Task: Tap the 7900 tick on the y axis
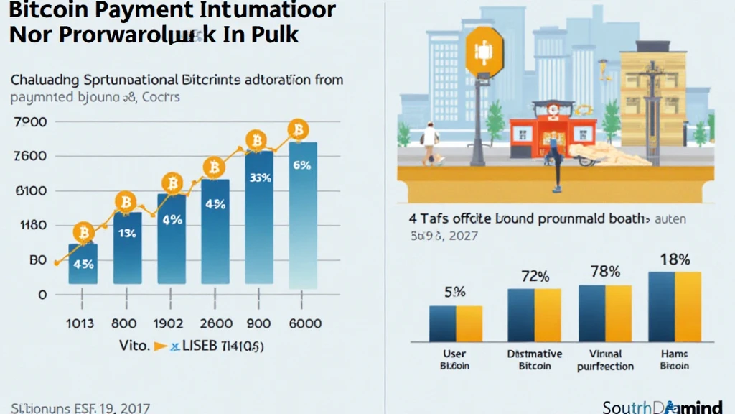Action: click(30, 122)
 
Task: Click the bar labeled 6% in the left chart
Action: click(302, 216)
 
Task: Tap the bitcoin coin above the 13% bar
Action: click(127, 201)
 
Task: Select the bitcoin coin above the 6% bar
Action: click(298, 130)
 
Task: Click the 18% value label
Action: click(675, 259)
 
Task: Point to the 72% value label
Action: click(534, 276)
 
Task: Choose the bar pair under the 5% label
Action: click(456, 323)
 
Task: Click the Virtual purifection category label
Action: click(605, 360)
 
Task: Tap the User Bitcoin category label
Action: click(454, 359)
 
